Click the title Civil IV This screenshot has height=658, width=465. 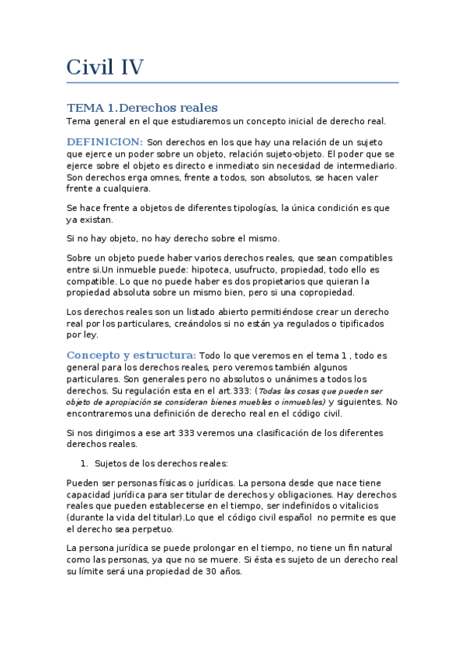click(105, 68)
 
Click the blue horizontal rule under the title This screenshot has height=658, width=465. click(232, 82)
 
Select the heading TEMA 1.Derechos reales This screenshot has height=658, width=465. click(142, 107)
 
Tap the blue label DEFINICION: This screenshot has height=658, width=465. click(104, 142)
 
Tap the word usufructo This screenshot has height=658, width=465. click(261, 269)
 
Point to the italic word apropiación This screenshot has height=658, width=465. click(123, 403)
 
